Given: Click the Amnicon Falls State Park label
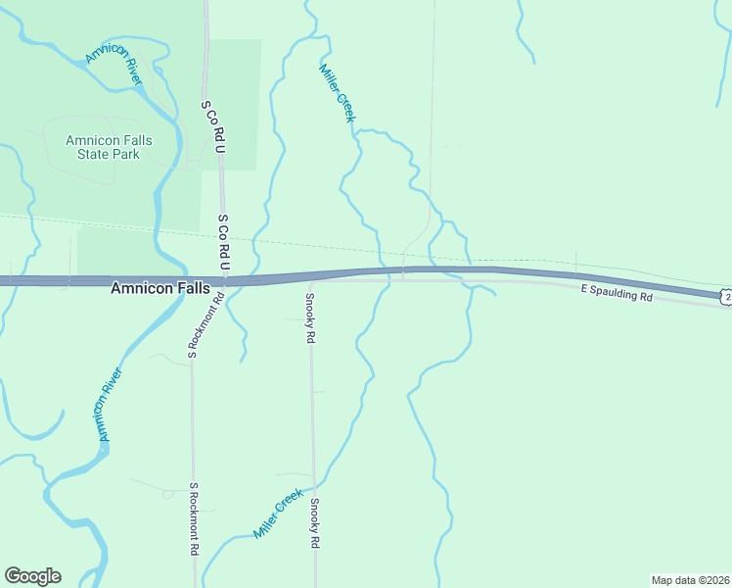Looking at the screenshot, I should point(109,147).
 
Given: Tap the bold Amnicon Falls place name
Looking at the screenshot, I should point(160,288).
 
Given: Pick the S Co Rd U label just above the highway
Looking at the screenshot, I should point(223,243).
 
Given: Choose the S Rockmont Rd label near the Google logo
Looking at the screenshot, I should point(194,519).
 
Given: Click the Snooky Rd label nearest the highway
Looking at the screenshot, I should point(309,318).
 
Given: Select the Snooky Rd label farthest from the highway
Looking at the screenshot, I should point(314,522).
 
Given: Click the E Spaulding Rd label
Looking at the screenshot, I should point(616,293).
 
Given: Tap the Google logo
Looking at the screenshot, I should point(32,576).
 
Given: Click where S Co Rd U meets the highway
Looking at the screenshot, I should point(224,280).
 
